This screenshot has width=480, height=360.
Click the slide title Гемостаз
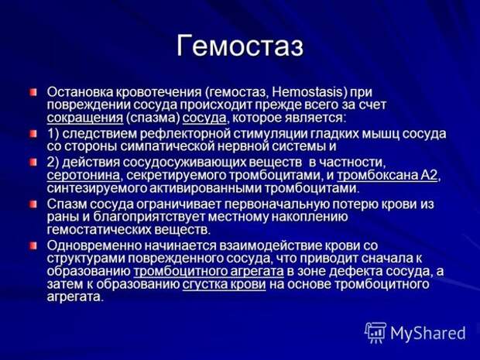pyautogui.click(x=240, y=46)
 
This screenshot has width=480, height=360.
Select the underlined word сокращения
pyautogui.click(x=85, y=118)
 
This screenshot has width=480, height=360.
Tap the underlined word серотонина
pyautogui.click(x=84, y=176)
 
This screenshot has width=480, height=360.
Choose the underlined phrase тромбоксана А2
pyautogui.click(x=387, y=176)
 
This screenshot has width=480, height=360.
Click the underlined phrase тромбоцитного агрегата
pyautogui.click(x=209, y=272)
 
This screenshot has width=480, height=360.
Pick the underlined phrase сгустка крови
pyautogui.click(x=224, y=284)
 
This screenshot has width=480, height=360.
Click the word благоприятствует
pyautogui.click(x=149, y=217)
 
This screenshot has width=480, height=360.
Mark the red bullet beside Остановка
pyautogui.click(x=33, y=92)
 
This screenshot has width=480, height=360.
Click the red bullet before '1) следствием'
pyautogui.click(x=33, y=134)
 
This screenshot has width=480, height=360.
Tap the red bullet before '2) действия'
pyautogui.click(x=33, y=162)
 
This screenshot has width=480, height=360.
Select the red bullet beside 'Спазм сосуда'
pyautogui.click(x=33, y=204)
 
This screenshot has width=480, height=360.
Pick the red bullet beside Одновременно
pyautogui.click(x=33, y=245)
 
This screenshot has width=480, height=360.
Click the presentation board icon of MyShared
pyautogui.click(x=375, y=332)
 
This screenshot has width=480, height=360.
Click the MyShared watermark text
pyautogui.click(x=428, y=333)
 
